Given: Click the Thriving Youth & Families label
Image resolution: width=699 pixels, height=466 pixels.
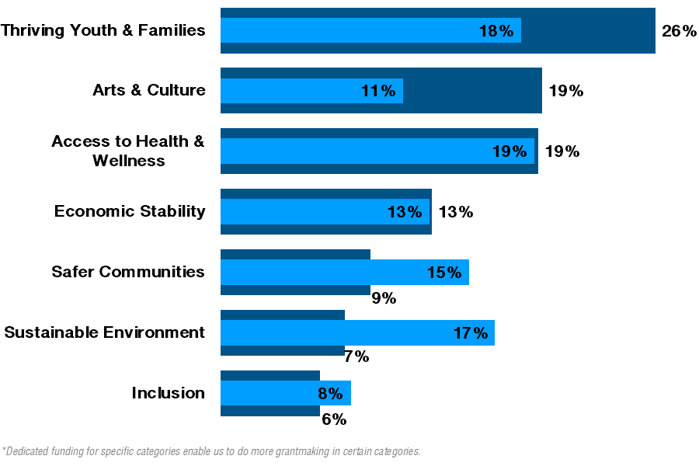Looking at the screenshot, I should coord(103,30).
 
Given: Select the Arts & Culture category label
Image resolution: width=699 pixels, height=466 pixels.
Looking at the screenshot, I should coord(149,90).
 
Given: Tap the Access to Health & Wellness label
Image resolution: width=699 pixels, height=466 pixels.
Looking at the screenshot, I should coord(128,151).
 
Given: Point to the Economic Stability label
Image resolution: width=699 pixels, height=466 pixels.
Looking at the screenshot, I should coord(130,211).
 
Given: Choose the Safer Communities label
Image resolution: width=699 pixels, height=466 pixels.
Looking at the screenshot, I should coord(128,272).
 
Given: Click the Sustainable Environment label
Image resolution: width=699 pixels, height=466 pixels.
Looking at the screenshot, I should coord(105,332).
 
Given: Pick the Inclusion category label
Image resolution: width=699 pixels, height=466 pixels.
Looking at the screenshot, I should coord(169,393).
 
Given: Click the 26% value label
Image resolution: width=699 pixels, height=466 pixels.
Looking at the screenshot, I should coord(678,31).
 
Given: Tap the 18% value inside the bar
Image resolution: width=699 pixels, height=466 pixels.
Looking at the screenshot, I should coord(496,31).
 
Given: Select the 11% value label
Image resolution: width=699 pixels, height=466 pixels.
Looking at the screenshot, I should coord(378,91).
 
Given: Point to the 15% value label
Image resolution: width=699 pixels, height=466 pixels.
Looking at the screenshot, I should coord(444,273).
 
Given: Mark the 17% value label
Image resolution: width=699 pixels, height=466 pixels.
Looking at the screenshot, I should coord(471,333).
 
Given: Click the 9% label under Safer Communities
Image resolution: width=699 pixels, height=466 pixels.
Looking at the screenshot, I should coord(384,298).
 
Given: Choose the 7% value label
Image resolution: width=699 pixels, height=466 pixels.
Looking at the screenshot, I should coord(356,357).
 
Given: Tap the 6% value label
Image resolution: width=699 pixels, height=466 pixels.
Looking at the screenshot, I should coord(334,419).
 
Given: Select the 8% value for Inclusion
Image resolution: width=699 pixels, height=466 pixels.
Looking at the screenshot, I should coord(330,394).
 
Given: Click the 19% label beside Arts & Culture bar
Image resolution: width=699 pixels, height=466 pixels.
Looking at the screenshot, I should coord(565,91).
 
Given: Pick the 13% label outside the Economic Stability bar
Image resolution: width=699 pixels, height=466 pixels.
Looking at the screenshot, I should coord(456,212).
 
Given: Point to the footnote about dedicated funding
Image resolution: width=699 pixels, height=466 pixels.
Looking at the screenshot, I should coord(211,451).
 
